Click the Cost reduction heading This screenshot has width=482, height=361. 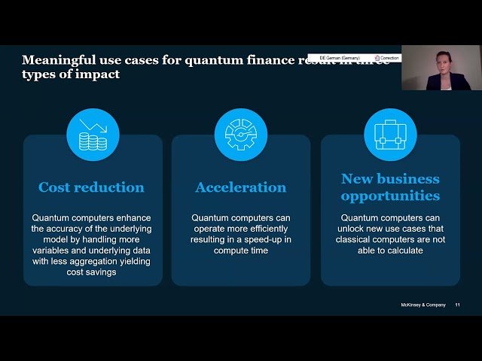(91, 187)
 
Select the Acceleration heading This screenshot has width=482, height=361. (241, 187)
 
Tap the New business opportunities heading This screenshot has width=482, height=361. (390, 187)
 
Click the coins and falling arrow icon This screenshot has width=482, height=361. (93, 135)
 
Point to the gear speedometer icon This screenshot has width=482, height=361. (241, 135)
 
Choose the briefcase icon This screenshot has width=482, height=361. (390, 135)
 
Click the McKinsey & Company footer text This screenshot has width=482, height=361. (423, 305)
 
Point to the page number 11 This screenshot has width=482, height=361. (457, 305)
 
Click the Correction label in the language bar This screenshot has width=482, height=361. (389, 57)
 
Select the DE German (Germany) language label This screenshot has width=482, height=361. (339, 57)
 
